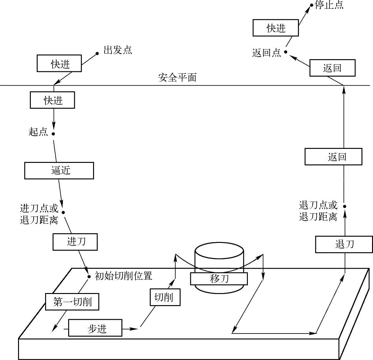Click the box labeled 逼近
(x=59, y=171)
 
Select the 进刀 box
(x=75, y=242)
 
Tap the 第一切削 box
(x=72, y=301)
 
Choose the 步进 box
(x=95, y=328)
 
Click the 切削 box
(x=165, y=297)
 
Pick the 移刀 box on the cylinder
(x=219, y=279)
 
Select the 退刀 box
(x=344, y=244)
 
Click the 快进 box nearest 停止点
(x=276, y=28)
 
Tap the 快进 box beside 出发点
(x=59, y=64)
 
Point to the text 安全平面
(x=177, y=77)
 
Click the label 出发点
(x=117, y=50)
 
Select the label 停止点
(x=329, y=5)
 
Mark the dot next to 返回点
(x=286, y=52)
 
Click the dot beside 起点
(x=53, y=134)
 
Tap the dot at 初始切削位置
(x=89, y=276)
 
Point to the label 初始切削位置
(x=123, y=276)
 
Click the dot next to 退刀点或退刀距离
(x=344, y=206)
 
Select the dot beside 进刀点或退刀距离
(x=63, y=212)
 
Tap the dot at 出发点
(x=97, y=54)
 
